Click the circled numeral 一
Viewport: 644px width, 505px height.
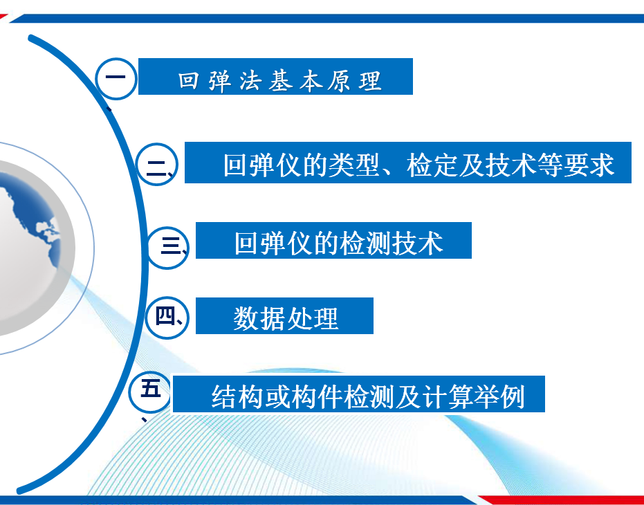116,78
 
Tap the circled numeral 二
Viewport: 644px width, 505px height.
156,164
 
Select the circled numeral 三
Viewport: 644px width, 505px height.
167,248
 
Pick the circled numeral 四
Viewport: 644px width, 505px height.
167,318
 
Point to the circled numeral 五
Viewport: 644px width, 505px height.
149,392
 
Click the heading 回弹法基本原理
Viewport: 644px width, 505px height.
280,80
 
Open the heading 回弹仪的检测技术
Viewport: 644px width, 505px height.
339,243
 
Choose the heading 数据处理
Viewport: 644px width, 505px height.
286,318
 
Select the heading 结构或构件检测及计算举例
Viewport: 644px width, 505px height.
368,396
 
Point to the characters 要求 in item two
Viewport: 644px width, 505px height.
589,165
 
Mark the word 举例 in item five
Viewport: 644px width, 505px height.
499,396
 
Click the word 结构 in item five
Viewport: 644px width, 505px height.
237,396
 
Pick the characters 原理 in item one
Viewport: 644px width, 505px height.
355,80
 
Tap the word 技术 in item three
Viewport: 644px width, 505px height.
418,243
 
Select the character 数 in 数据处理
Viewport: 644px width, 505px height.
246,318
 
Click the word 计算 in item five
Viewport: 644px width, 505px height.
447,396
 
